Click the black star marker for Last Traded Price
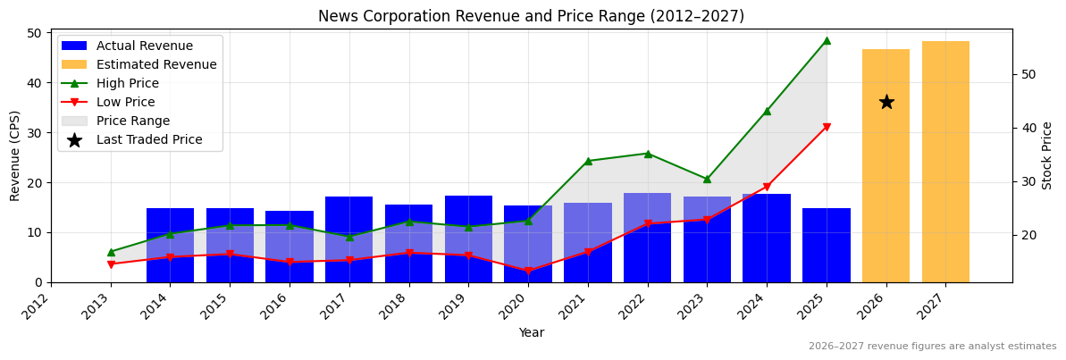886,102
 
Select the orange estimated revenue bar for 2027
945,162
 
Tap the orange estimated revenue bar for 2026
886,165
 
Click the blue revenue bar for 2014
170,245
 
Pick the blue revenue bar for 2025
826,245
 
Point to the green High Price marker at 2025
826,40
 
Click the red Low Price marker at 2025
826,127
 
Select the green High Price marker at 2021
588,162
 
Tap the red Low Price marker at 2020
528,271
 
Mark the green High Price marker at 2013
111,252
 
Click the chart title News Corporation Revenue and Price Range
531,16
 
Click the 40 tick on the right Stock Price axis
1028,128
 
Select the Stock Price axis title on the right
1047,155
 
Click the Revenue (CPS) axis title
15,155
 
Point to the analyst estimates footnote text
932,347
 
